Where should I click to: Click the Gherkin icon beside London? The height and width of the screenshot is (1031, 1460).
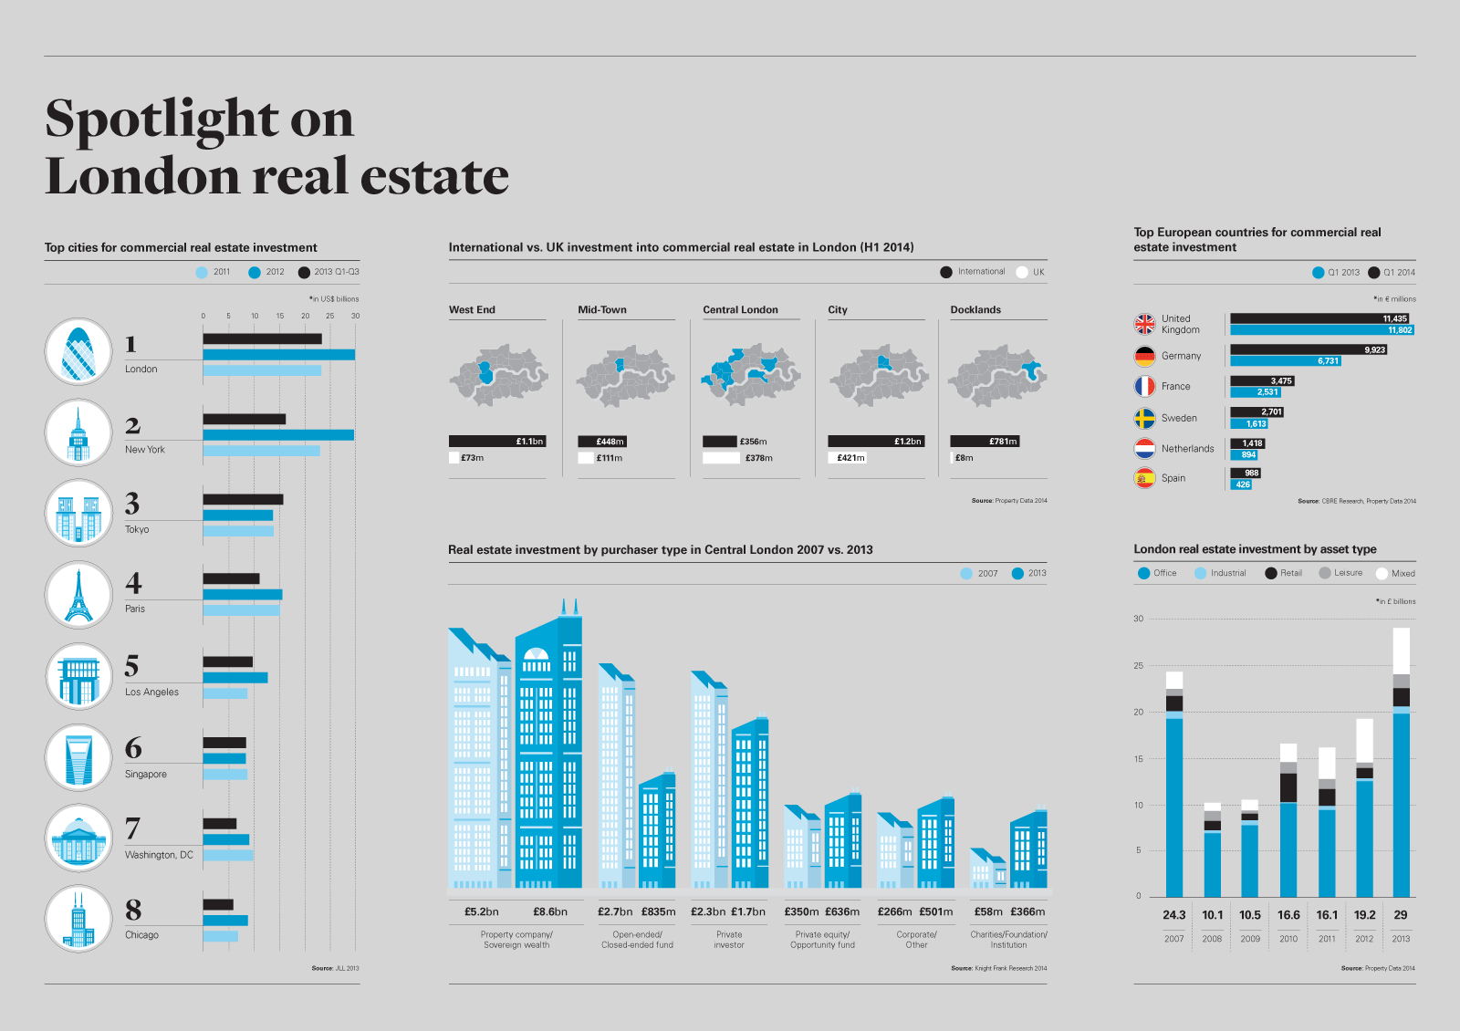click(78, 351)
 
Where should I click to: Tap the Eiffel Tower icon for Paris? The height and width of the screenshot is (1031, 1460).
click(78, 595)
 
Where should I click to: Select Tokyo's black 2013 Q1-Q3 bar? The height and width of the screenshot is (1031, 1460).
click(243, 499)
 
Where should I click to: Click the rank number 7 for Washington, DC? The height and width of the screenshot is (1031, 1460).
click(133, 828)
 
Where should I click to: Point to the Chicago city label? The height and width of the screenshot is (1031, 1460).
click(141, 935)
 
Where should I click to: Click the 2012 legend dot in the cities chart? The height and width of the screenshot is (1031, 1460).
click(255, 272)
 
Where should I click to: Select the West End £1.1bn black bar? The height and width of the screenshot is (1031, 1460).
click(497, 442)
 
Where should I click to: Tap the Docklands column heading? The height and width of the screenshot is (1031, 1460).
click(975, 310)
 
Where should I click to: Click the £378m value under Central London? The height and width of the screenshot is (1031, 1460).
click(758, 458)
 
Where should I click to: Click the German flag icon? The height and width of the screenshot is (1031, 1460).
click(1144, 356)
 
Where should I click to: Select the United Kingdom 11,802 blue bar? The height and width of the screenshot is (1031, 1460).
click(1321, 330)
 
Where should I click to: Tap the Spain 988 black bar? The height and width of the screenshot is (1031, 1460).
click(1246, 473)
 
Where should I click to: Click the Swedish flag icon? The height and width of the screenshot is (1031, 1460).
click(1144, 418)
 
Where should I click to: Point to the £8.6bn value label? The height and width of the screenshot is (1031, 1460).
click(550, 911)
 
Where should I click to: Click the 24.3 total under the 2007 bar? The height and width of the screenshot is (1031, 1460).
click(1174, 915)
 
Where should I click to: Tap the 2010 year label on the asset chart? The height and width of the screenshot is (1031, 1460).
click(1288, 939)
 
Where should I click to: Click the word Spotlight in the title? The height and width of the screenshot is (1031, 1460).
click(161, 119)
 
